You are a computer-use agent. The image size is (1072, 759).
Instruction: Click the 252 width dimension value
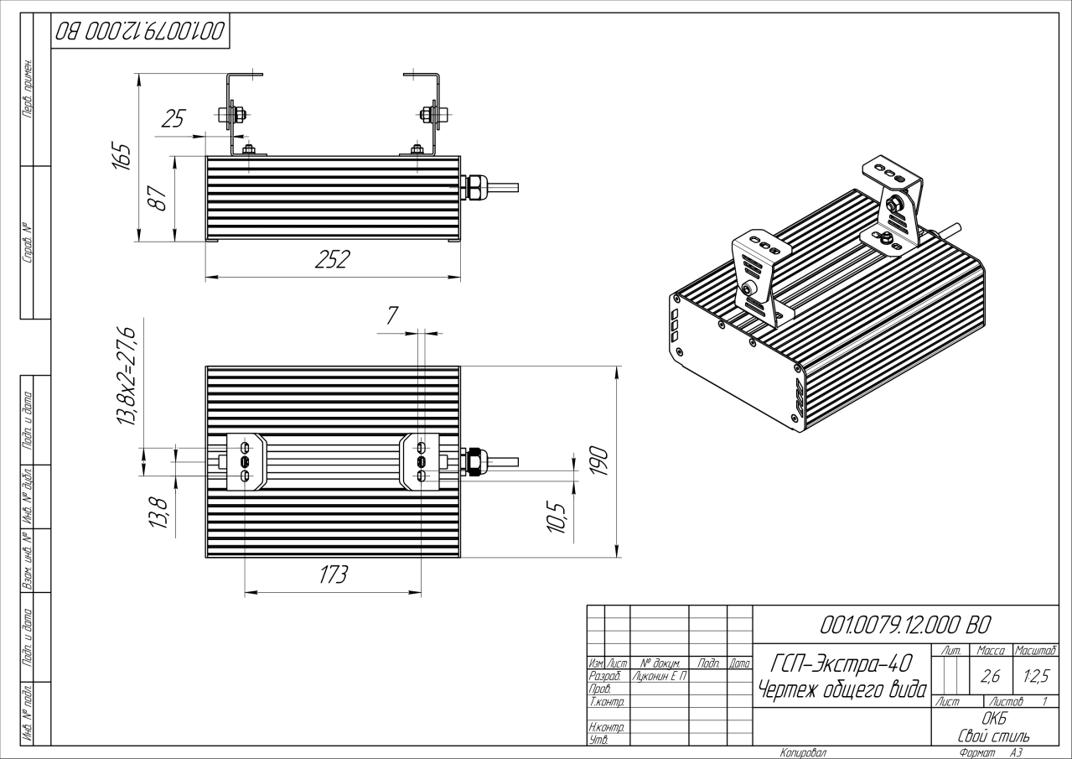[x=332, y=259]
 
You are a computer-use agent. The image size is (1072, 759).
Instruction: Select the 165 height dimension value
[x=121, y=156]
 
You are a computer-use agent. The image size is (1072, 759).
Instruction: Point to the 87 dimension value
[x=158, y=198]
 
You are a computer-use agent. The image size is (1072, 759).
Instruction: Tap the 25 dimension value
[x=173, y=119]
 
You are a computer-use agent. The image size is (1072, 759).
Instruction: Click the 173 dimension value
[x=333, y=574]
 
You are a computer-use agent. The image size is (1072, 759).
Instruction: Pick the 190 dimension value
[x=598, y=460]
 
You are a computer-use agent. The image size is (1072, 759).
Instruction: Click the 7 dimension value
[x=392, y=315]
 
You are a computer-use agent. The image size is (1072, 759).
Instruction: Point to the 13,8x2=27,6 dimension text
[x=127, y=377]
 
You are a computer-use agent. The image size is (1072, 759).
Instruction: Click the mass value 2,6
[x=990, y=676]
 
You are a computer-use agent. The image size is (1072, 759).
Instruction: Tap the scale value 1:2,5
[x=1036, y=676]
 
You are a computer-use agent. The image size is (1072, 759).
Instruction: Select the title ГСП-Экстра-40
[x=842, y=663]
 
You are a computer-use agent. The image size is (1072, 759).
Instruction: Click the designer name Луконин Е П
[x=660, y=676]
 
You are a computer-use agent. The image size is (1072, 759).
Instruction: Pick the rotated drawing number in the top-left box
[x=140, y=32]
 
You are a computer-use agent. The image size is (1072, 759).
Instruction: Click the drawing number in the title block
[x=905, y=625]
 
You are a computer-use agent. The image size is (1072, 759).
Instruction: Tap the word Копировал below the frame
[x=803, y=752]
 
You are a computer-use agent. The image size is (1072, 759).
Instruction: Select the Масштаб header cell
[x=1035, y=650]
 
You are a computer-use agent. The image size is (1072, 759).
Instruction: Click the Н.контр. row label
[x=606, y=727]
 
